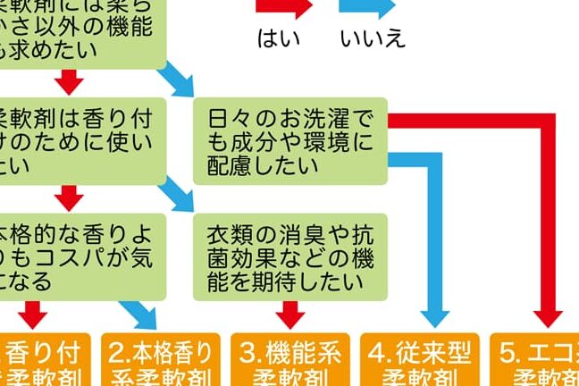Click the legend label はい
pyautogui.click(x=278, y=38)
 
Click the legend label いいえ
pyautogui.click(x=373, y=38)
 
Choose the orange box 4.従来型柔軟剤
pyautogui.click(x=420, y=361)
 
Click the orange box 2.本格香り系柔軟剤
pyautogui.click(x=161, y=361)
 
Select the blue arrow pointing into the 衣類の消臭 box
pyautogui.click(x=182, y=196)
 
